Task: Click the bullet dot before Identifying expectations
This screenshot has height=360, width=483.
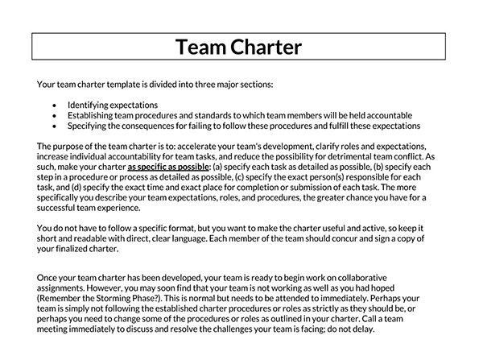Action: (53, 106)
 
